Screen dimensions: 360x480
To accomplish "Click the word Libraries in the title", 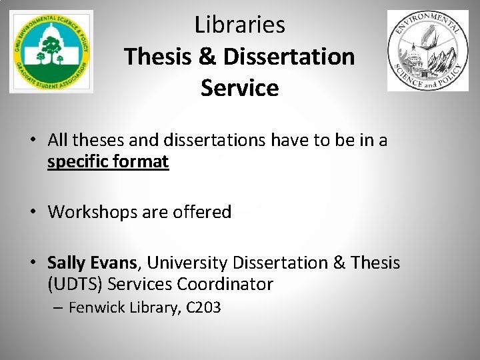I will pyautogui.click(x=240, y=25).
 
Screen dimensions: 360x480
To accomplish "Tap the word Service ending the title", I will pyautogui.click(x=240, y=87).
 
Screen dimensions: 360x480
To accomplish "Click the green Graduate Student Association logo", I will pyautogui.click(x=51, y=51).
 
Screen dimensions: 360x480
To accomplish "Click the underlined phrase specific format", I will pyautogui.click(x=108, y=162).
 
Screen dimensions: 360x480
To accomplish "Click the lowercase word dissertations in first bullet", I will pyautogui.click(x=205, y=141).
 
